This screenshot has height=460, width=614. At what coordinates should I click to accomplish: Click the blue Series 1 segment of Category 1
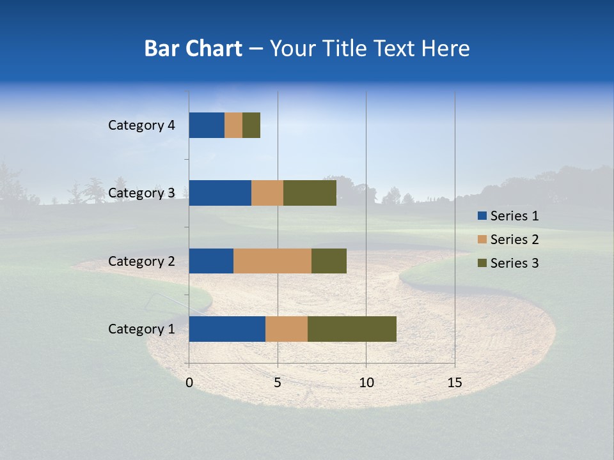pyautogui.click(x=227, y=329)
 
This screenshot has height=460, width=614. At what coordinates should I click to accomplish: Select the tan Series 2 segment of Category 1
pyautogui.click(x=287, y=329)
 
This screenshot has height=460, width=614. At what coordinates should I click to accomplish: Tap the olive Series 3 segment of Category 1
pyautogui.click(x=352, y=329)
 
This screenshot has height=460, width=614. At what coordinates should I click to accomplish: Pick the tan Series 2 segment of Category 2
pyautogui.click(x=272, y=261)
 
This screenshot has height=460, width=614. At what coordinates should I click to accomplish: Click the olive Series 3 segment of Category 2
pyautogui.click(x=329, y=261)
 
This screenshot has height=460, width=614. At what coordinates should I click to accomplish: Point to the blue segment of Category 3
pyautogui.click(x=220, y=193)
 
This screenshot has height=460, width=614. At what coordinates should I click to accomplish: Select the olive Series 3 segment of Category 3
pyautogui.click(x=310, y=193)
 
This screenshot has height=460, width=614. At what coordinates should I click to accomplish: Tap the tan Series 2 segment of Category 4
pyautogui.click(x=233, y=125)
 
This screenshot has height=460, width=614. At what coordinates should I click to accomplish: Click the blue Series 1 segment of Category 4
pyautogui.click(x=207, y=125)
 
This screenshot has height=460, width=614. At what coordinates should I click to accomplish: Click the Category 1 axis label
pyautogui.click(x=141, y=329)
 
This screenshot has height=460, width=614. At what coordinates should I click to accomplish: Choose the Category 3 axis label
pyautogui.click(x=141, y=193)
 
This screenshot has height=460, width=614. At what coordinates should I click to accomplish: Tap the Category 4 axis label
pyautogui.click(x=141, y=125)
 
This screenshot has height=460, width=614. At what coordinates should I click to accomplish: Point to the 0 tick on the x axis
pyautogui.click(x=189, y=383)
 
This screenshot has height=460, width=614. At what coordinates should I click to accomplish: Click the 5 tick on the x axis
pyautogui.click(x=278, y=383)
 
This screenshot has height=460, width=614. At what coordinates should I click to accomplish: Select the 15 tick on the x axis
pyautogui.click(x=455, y=383)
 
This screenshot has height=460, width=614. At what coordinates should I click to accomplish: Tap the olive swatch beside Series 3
pyautogui.click(x=482, y=263)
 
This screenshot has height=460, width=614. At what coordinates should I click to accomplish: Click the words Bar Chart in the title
pyautogui.click(x=193, y=49)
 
